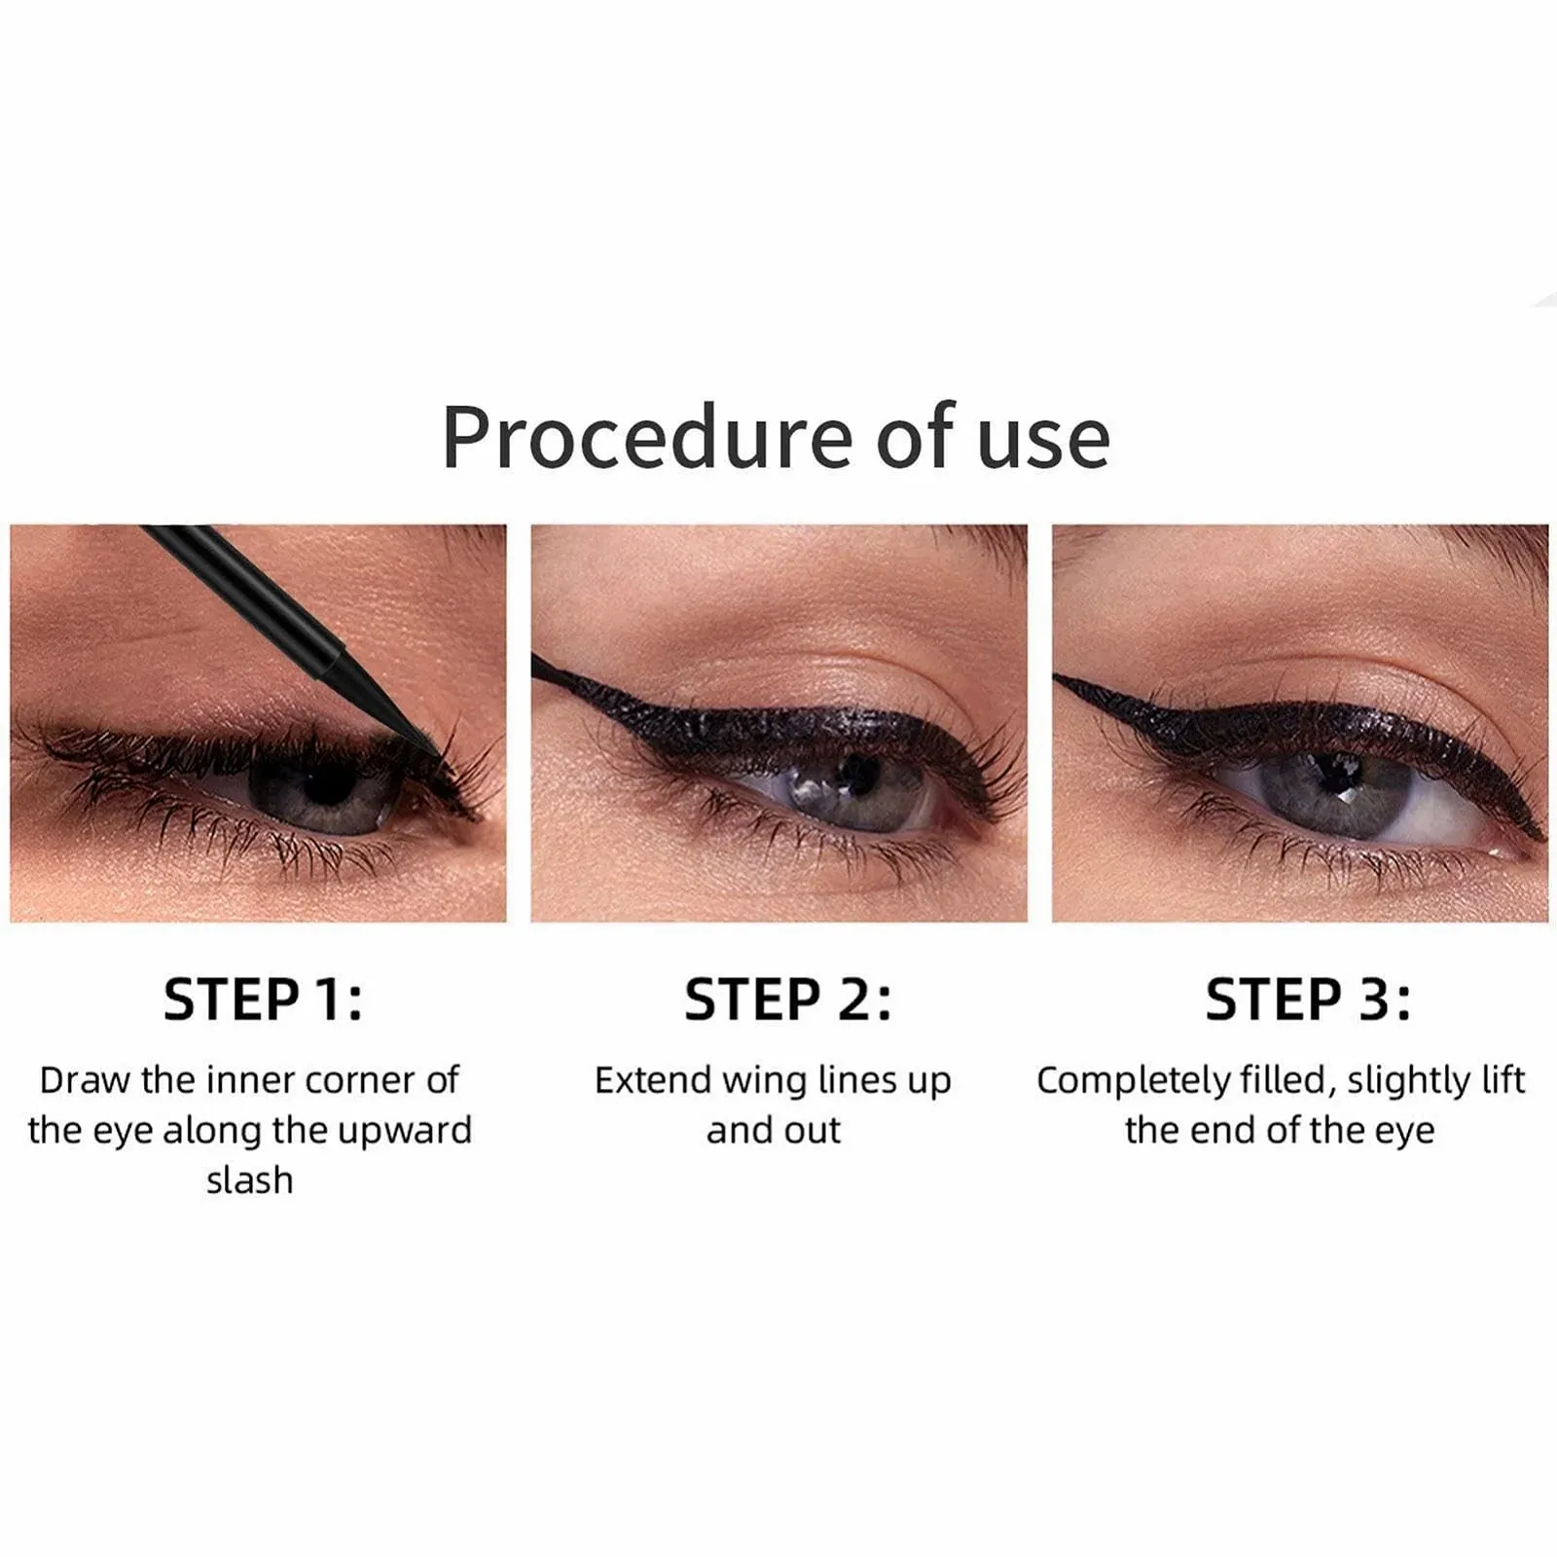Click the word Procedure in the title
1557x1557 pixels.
pyautogui.click(x=647, y=437)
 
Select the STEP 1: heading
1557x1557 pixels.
pyautogui.click(x=263, y=1000)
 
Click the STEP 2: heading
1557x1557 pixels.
pyautogui.click(x=787, y=1000)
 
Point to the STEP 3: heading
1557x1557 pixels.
pyautogui.click(x=1308, y=1000)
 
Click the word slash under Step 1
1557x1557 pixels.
pyautogui.click(x=249, y=1179)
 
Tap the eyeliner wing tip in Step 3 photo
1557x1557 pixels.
pyautogui.click(x=1057, y=679)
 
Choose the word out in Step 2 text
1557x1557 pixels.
pyautogui.click(x=813, y=1131)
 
